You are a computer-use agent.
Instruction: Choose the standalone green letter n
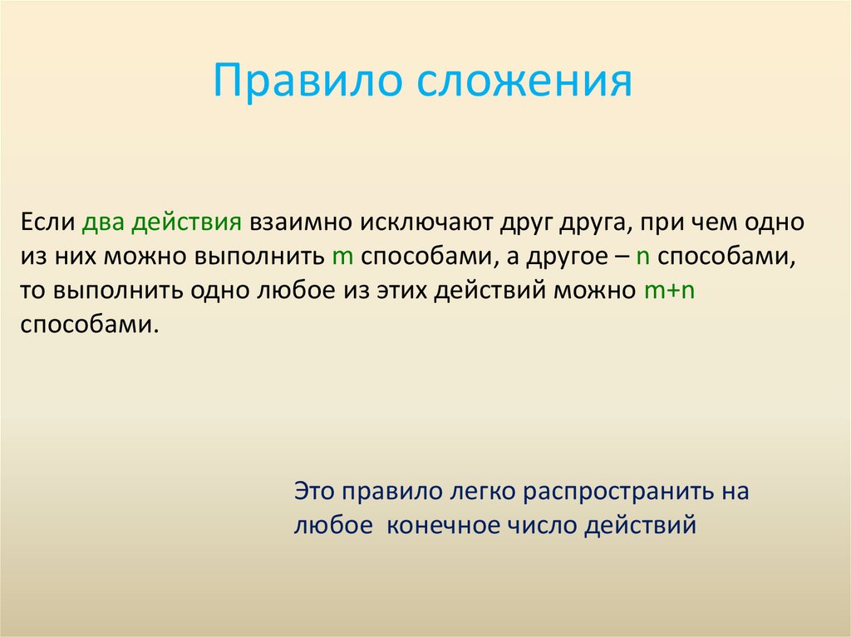coord(642,257)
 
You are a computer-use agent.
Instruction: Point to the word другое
coord(564,257)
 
